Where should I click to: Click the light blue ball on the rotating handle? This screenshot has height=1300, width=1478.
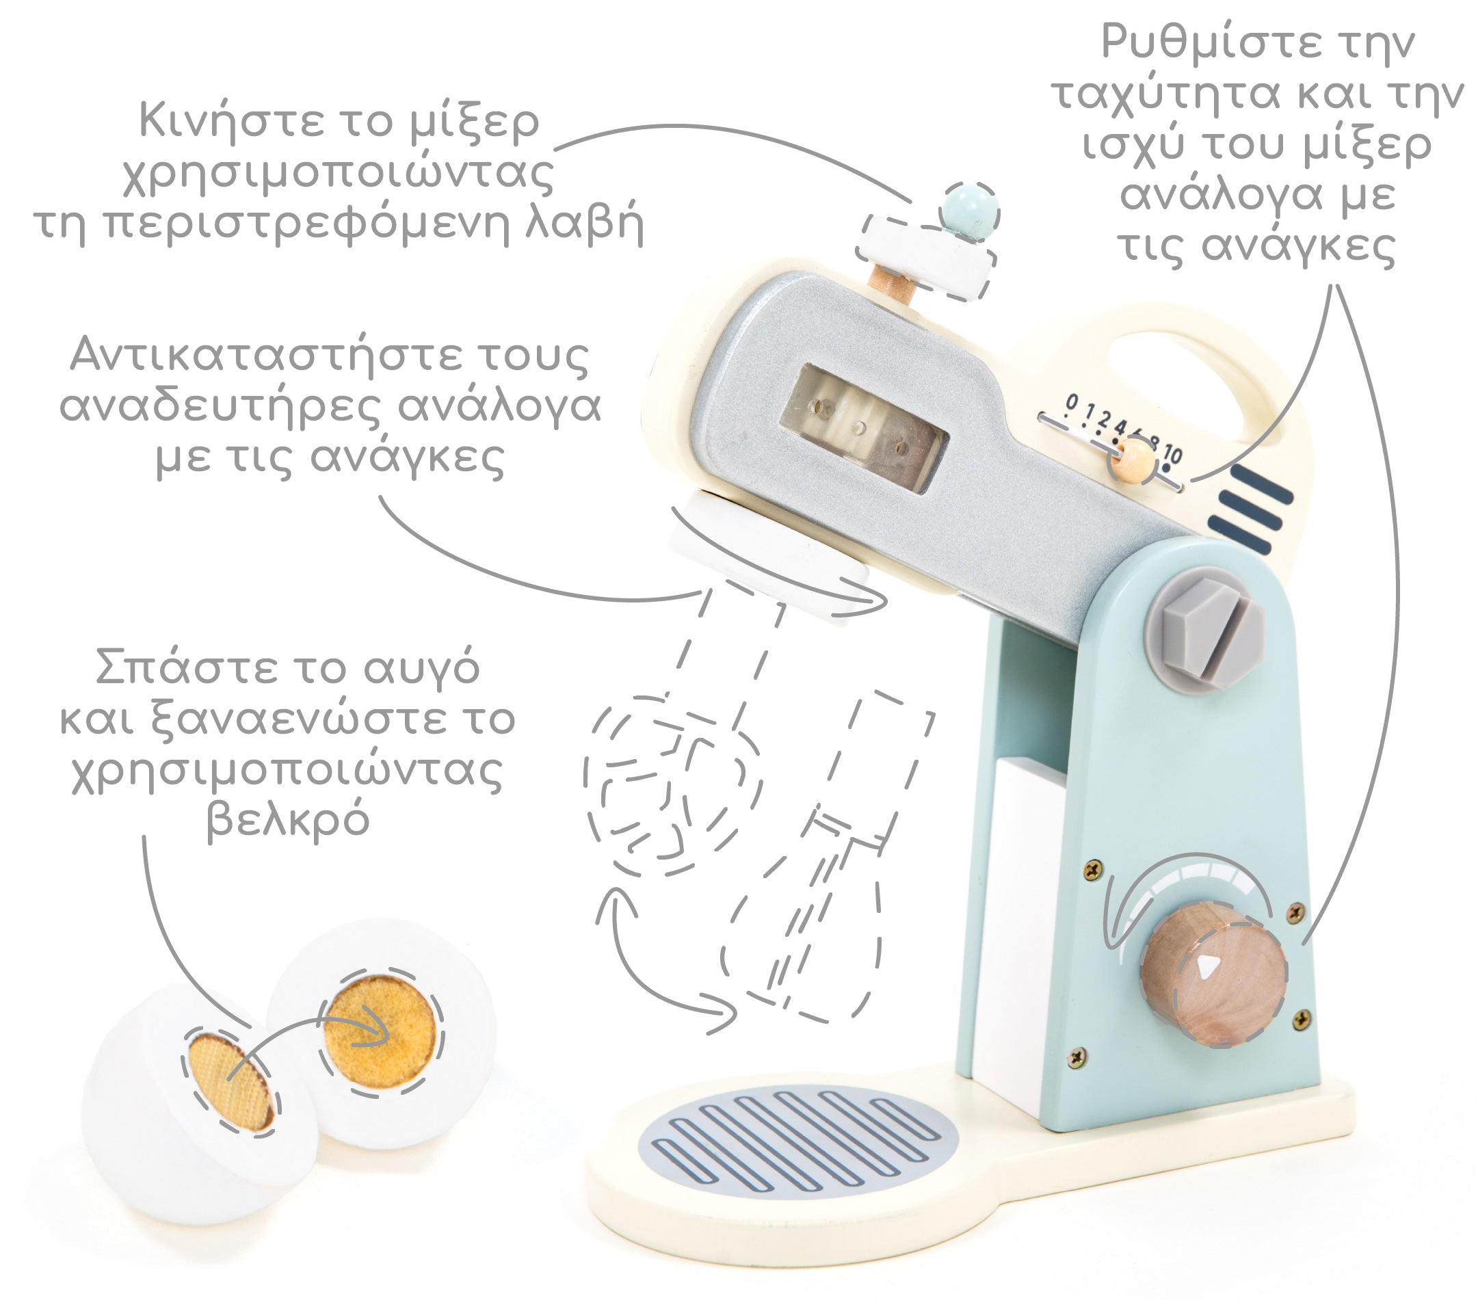coord(970,211)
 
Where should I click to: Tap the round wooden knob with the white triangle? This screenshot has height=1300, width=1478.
coord(1215,973)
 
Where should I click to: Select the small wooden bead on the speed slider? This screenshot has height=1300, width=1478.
coord(1133,460)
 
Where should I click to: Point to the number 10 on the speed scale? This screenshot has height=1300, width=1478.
coord(1172,454)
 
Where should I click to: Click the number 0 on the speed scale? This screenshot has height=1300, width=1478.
coord(1072,401)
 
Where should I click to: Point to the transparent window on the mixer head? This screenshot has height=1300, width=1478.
coord(865,429)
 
